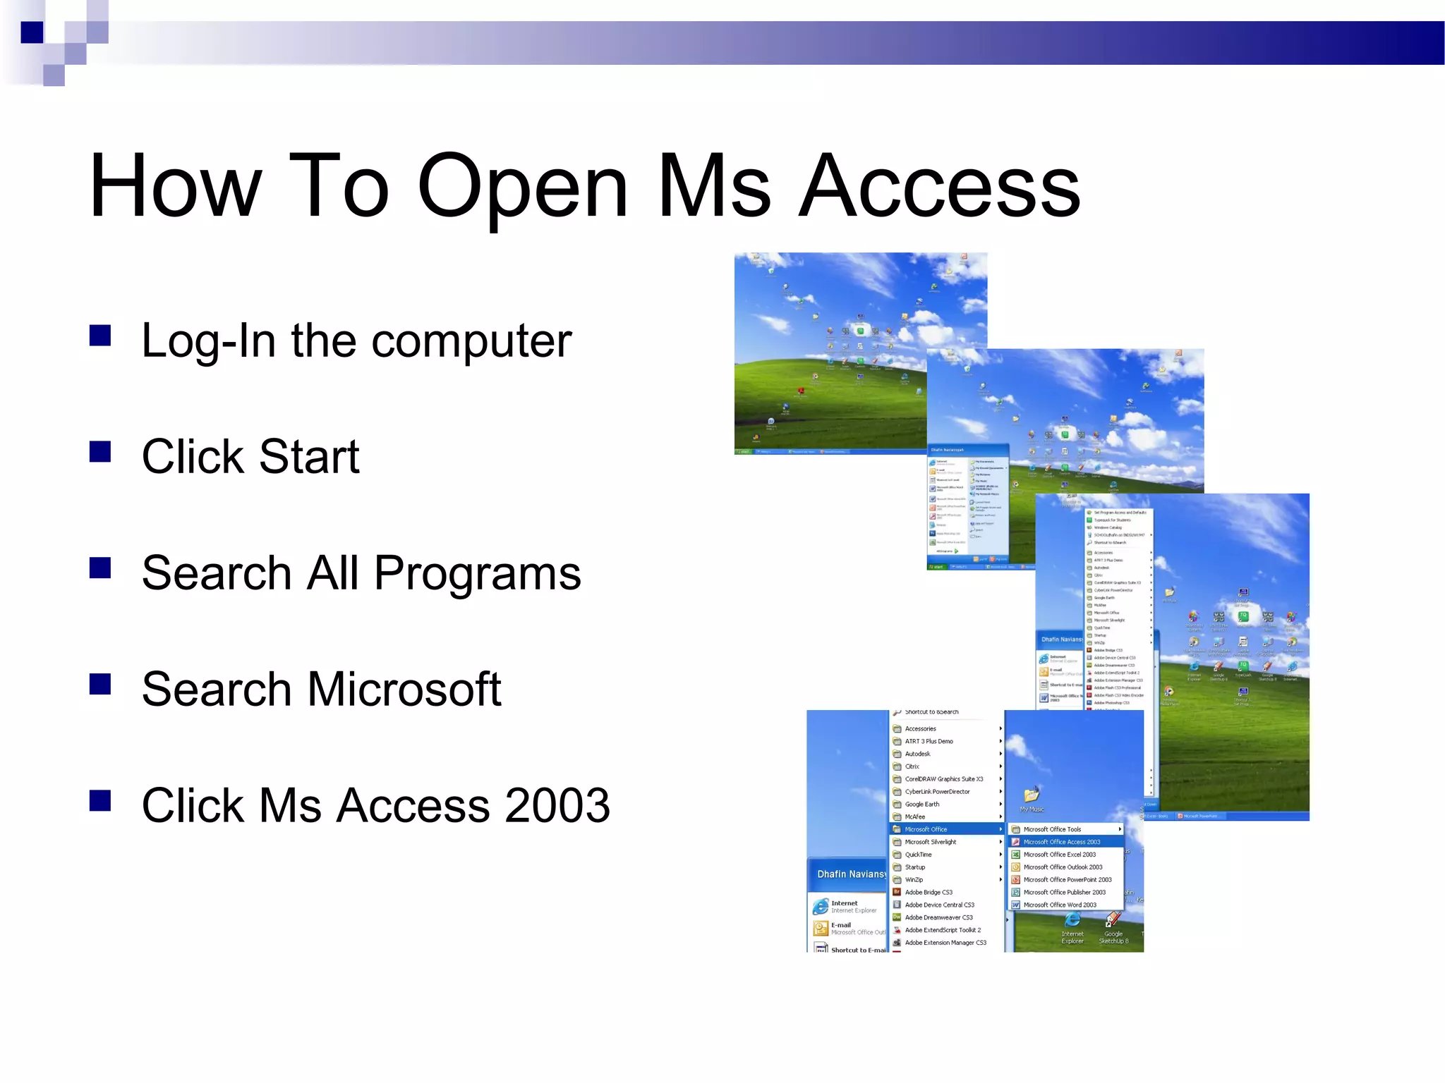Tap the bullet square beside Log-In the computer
point(101,336)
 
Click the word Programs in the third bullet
point(477,573)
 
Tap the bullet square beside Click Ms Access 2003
point(101,801)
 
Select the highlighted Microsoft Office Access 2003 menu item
point(1061,842)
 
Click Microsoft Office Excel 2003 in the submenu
point(1059,855)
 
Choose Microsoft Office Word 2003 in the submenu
point(1059,905)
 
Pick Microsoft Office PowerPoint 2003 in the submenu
point(1067,880)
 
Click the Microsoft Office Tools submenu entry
point(1052,829)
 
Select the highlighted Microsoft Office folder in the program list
point(926,829)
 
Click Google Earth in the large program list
point(921,804)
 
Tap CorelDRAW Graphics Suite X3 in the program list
point(943,779)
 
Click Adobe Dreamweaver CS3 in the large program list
point(938,917)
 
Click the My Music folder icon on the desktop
point(1032,795)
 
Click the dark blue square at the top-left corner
point(32,32)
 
